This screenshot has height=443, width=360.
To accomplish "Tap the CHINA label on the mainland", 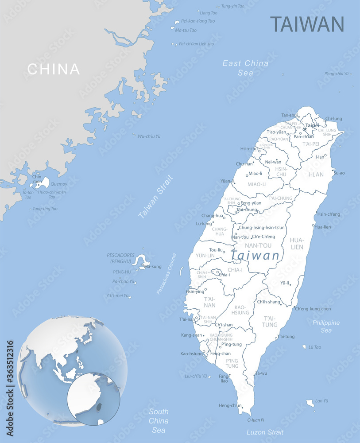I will point(54,69).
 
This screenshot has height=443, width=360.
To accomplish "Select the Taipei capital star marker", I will point(305,129).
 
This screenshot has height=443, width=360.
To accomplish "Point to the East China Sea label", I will point(245,68).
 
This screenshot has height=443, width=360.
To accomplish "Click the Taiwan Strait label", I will point(155,197).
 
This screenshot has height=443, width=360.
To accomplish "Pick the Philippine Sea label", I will point(326,326).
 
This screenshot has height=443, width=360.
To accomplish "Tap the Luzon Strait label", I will point(265,432).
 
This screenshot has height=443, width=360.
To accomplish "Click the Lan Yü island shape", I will point(310,403).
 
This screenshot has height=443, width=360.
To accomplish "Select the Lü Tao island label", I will point(314,347).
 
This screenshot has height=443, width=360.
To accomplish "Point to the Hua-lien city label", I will point(323,227).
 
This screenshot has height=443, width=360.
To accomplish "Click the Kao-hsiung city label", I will point(191,354).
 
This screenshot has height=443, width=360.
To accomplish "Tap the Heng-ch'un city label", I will point(231,405).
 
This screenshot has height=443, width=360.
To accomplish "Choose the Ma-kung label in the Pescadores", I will point(153,266).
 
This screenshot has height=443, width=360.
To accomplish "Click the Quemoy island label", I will point(59,184).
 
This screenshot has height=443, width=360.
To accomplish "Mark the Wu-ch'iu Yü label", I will point(149,136).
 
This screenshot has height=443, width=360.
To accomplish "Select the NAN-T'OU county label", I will point(258,245).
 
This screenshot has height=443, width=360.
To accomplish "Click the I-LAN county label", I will point(316,175).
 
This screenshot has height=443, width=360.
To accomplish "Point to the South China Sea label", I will point(159,420).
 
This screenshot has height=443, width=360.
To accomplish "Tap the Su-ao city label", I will point(339,173).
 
